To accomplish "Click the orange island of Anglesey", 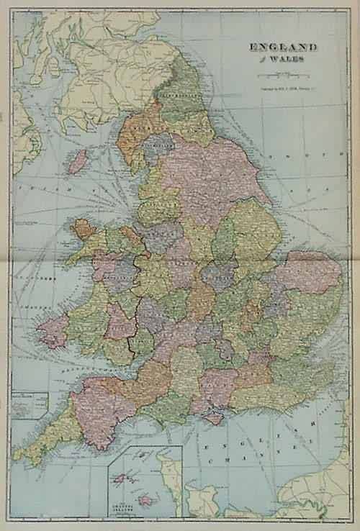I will (x=84, y=230).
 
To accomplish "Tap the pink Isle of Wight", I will (x=214, y=417).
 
